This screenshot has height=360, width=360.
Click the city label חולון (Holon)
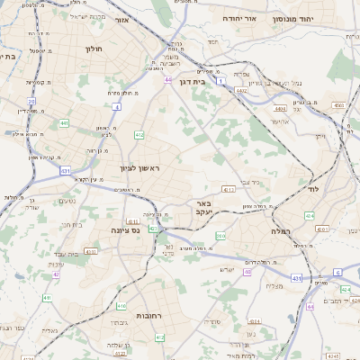coord(94,49)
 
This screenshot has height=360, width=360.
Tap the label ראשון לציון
coord(138,168)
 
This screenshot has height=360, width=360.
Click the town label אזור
coord(148,18)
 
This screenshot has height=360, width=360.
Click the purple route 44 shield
coord(168,80)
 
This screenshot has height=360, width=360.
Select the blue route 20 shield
coord(31,102)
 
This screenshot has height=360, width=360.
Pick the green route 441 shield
coord(64,122)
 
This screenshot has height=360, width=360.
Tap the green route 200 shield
coord(220,236)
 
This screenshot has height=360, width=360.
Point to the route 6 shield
coord(337,271)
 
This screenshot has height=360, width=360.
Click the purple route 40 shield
coord(247,273)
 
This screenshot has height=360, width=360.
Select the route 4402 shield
coord(241,91)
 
